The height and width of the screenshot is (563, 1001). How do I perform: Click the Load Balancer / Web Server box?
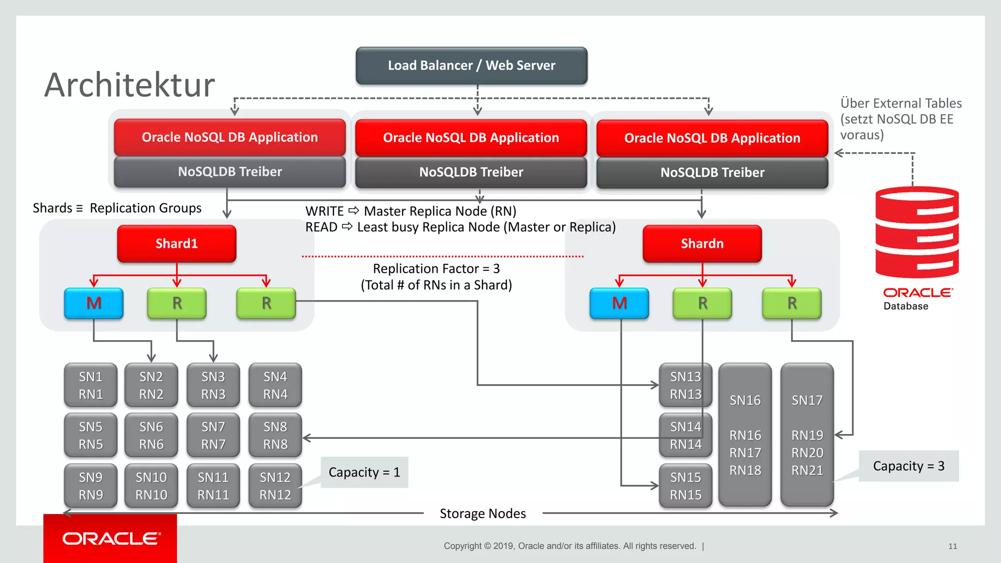coord(471,65)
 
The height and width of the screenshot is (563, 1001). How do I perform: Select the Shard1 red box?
coord(176,243)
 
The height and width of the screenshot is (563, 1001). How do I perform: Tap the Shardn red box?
coord(702,243)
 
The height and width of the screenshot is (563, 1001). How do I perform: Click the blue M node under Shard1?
coord(94,303)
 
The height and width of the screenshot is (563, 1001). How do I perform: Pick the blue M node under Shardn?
coord(619,303)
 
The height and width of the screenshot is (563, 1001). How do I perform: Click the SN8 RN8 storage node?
coord(275,435)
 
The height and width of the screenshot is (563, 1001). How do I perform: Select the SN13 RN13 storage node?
coord(685,385)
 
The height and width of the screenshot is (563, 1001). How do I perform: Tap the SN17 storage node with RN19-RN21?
coord(807,434)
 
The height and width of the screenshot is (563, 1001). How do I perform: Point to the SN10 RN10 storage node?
coord(151,486)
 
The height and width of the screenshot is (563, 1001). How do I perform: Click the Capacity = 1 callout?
coord(364,472)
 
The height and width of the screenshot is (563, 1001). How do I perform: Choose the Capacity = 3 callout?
coord(908,466)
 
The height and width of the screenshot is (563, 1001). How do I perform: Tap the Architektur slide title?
coord(130,85)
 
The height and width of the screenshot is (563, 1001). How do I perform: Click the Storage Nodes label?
coord(482,513)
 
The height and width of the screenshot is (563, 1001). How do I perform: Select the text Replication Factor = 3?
coord(436,269)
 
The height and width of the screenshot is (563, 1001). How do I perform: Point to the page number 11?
coord(952,546)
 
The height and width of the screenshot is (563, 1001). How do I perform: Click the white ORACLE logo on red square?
coord(111,539)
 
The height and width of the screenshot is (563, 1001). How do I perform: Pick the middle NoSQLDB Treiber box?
coord(471,172)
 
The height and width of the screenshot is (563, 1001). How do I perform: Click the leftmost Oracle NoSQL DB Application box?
coord(230,137)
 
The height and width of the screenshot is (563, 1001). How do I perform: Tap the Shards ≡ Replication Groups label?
coord(117,208)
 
